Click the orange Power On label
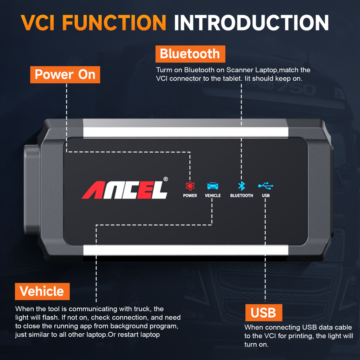pyautogui.click(x=65, y=74)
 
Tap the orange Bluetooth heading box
pyautogui.click(x=190, y=54)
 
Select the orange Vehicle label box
pyautogui.click(x=42, y=291)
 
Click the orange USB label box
pyautogui.click(x=263, y=312)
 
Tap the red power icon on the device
pyautogui.click(x=190, y=186)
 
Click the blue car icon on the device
pyautogui.click(x=213, y=186)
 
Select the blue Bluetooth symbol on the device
pyautogui.click(x=241, y=186)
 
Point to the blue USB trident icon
pyautogui.click(x=266, y=186)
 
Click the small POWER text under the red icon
pyautogui.click(x=190, y=196)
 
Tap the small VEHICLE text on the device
pyautogui.click(x=213, y=196)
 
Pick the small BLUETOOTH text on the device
pyautogui.click(x=241, y=196)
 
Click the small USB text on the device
pyautogui.click(x=266, y=196)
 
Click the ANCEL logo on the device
pyautogui.click(x=124, y=190)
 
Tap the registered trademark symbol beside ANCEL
pyautogui.click(x=165, y=179)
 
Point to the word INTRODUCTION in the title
pyautogui.click(x=251, y=22)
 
